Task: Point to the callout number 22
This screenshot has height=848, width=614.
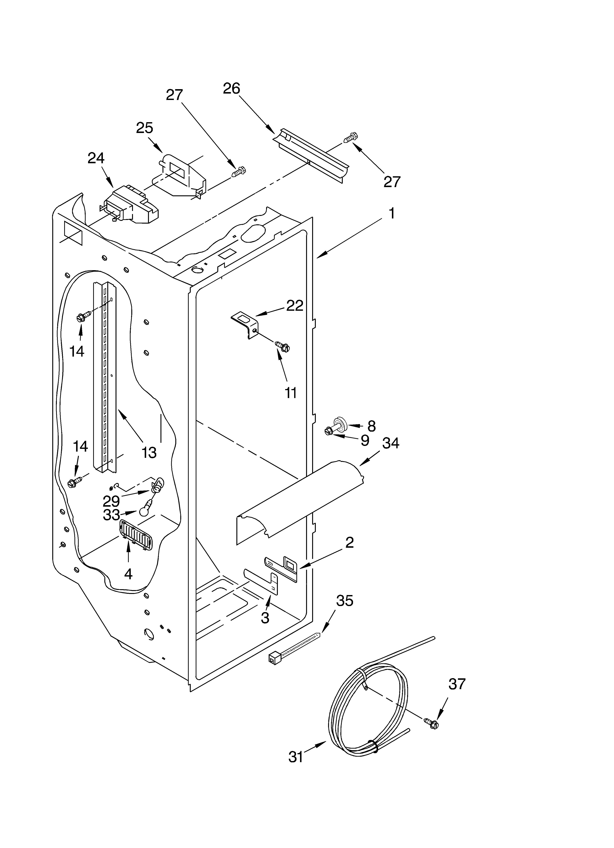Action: point(295,305)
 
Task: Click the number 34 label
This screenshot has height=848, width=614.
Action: point(391,443)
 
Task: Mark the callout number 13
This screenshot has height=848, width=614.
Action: point(149,453)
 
